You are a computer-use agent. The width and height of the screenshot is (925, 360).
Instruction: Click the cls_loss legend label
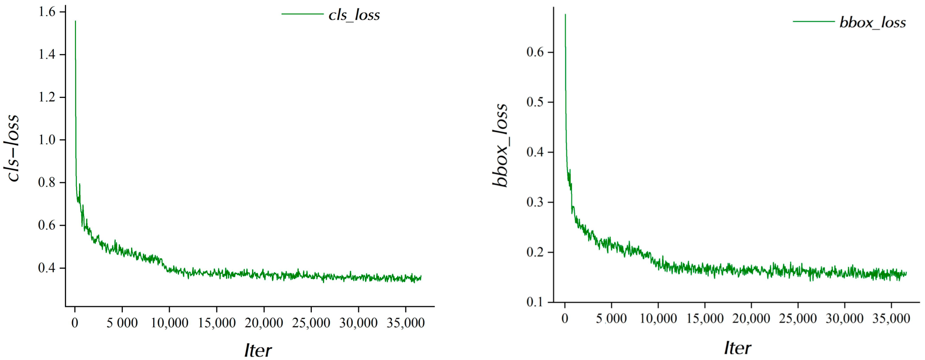[x=354, y=15]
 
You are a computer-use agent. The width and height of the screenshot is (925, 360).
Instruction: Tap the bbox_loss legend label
[x=873, y=22]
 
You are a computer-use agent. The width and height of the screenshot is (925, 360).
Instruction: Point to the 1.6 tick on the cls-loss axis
[x=47, y=12]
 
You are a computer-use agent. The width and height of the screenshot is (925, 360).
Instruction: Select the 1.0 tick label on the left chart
[x=47, y=140]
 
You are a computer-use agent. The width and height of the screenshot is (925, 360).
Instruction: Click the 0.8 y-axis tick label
[x=47, y=183]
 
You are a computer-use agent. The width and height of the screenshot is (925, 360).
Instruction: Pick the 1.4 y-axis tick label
[x=47, y=55]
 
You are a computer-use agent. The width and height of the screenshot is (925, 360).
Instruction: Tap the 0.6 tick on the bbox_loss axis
[x=535, y=52]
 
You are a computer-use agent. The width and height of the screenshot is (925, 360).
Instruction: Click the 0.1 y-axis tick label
[x=535, y=302]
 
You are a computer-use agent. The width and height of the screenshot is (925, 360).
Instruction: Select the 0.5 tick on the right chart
[x=535, y=102]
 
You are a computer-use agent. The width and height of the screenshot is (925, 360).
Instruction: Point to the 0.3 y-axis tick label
[x=535, y=202]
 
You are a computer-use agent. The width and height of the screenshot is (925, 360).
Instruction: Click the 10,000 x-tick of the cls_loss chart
[x=169, y=323]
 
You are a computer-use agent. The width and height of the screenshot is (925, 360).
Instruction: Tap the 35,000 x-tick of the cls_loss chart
[x=405, y=323]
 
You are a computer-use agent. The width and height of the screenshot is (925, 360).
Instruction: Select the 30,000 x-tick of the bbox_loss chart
[x=845, y=318]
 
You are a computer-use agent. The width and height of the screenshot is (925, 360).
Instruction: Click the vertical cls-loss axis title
[x=14, y=148]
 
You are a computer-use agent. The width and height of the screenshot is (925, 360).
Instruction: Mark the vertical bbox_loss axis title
[x=501, y=145]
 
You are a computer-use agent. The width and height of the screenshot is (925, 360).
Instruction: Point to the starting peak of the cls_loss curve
[x=75, y=22]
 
